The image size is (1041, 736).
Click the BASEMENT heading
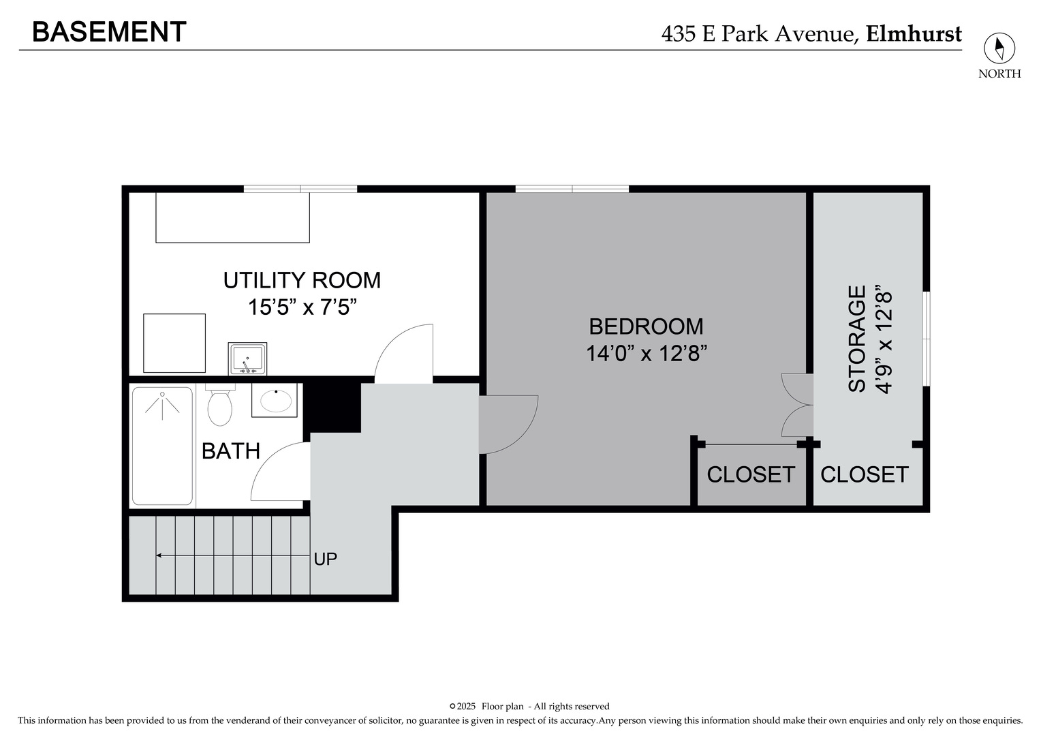[109, 32]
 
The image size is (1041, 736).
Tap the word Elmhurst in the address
[914, 33]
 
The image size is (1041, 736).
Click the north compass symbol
[999, 49]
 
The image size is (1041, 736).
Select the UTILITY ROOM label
[302, 280]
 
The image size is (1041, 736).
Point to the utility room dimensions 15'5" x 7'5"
[302, 307]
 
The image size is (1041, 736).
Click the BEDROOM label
[646, 326]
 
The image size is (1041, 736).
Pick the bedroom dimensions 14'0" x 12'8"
[646, 354]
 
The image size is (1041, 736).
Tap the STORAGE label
[857, 339]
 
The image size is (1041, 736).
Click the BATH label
[231, 451]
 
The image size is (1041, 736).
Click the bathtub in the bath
[162, 446]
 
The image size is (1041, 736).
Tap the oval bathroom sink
[275, 400]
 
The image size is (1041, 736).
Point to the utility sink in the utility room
[247, 358]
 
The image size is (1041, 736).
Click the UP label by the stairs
[325, 559]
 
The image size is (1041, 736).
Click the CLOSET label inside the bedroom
[750, 474]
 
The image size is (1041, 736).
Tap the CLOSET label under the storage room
[864, 474]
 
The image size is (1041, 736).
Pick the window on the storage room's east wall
[926, 339]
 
